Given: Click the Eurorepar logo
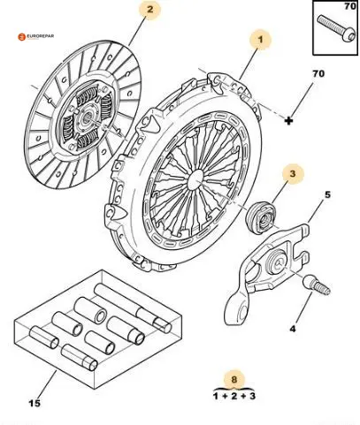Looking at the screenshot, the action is click(x=36, y=37).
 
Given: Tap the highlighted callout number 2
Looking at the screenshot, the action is click(x=150, y=10).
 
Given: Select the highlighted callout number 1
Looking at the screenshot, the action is click(x=260, y=39).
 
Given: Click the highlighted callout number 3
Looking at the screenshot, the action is click(x=292, y=174).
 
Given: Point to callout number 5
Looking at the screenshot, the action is click(x=327, y=195).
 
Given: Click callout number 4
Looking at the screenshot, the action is click(x=292, y=329).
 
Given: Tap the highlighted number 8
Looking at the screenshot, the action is click(x=234, y=379).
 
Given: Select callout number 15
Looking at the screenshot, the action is click(x=34, y=403).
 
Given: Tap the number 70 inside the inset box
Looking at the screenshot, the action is click(x=350, y=6).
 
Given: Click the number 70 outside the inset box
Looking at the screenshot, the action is click(x=318, y=73).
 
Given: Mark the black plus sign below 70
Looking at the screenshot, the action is click(x=289, y=120).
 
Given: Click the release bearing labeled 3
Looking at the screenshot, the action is click(x=261, y=216).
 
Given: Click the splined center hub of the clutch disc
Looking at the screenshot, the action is click(x=88, y=118).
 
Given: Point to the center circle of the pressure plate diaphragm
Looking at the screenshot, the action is click(x=195, y=179).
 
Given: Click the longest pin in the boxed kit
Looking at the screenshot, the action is click(x=133, y=308).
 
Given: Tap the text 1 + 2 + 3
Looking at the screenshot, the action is click(x=234, y=396).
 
